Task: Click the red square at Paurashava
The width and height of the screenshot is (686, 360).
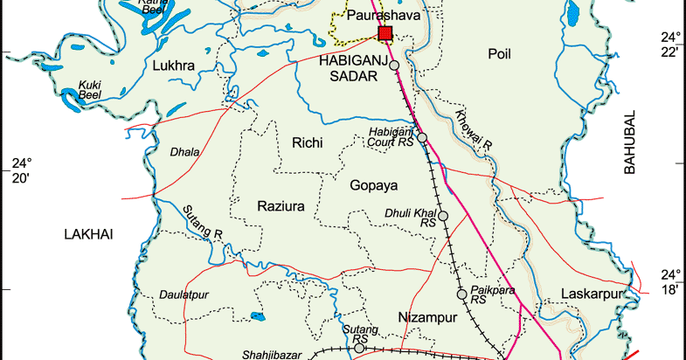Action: (x=385, y=33)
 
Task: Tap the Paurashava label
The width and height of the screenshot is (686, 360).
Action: (x=383, y=16)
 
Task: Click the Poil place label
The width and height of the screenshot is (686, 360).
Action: (x=499, y=55)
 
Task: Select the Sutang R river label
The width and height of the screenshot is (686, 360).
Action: (x=203, y=222)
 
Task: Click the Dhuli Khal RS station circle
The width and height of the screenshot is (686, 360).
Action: (x=443, y=216)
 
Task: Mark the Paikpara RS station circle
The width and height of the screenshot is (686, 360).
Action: (x=462, y=293)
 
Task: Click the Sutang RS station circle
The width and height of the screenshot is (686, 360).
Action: (x=359, y=348)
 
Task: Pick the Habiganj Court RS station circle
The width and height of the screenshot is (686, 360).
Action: (x=422, y=137)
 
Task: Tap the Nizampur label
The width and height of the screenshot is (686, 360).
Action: (x=427, y=317)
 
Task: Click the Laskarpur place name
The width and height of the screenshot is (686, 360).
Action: (x=596, y=293)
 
